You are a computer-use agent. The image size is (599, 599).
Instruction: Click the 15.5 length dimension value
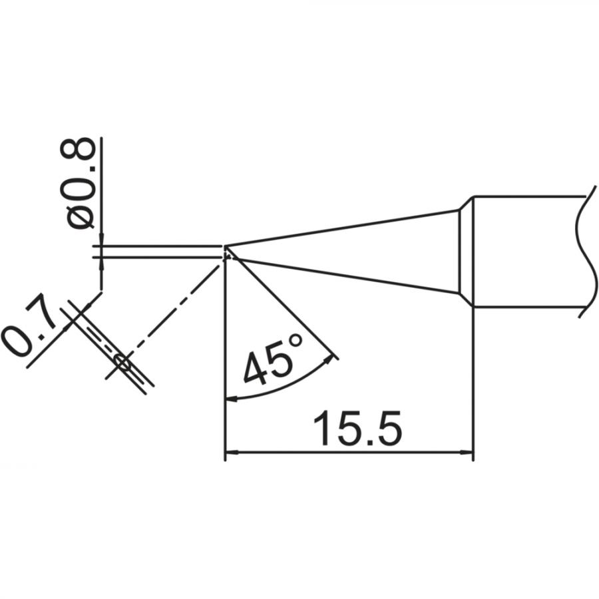[x=357, y=429]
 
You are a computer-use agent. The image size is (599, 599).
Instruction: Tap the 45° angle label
[x=273, y=359]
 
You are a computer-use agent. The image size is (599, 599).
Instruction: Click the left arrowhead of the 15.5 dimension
[x=232, y=453]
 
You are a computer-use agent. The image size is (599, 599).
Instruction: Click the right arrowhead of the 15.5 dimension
[x=466, y=453]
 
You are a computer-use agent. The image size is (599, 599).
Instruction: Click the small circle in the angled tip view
[x=123, y=361]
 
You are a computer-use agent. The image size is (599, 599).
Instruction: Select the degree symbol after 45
[x=296, y=340]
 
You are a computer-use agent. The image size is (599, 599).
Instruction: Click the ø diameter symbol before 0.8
[x=81, y=218]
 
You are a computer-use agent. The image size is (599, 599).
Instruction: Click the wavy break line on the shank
[x=586, y=252]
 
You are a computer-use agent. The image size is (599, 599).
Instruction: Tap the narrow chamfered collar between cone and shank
[x=466, y=252]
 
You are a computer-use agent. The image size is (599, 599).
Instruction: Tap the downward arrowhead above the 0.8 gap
[x=101, y=238]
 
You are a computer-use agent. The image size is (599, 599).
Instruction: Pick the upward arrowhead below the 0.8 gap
[x=101, y=265]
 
